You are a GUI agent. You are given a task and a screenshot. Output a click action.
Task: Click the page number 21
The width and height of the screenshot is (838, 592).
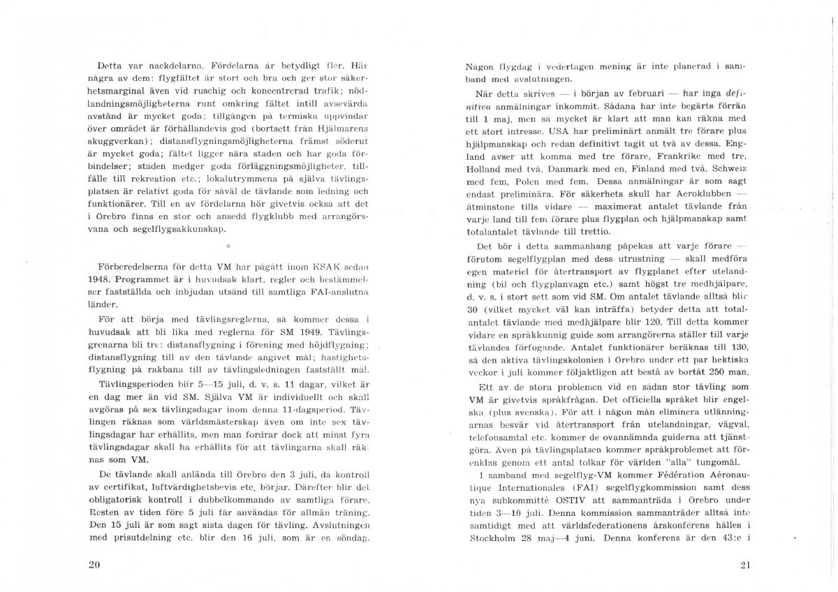[x=744, y=565]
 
